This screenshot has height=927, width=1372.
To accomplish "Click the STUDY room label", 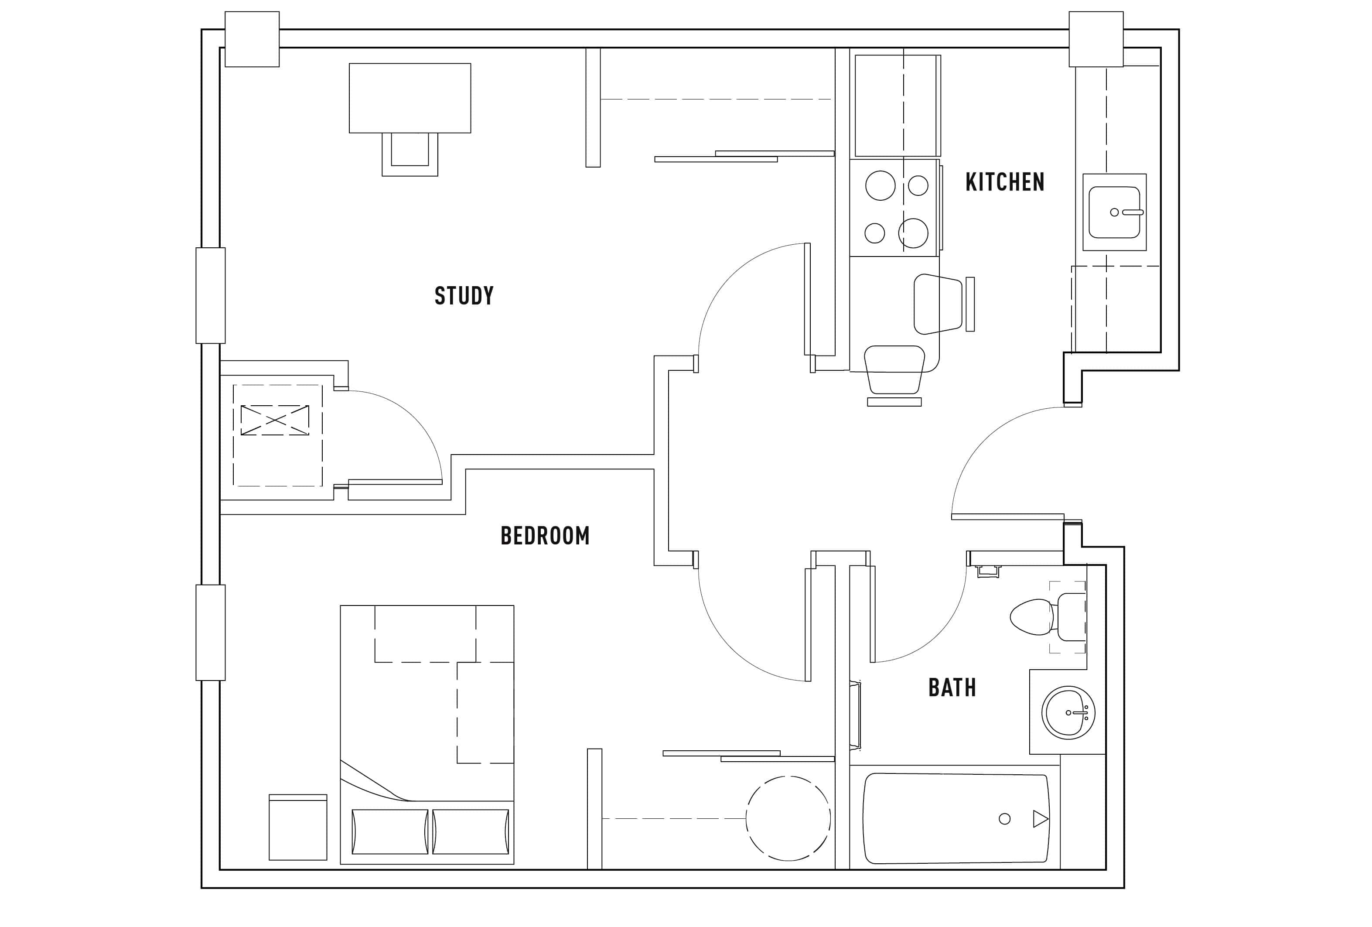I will [x=464, y=296].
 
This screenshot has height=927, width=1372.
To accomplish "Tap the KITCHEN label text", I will [x=1004, y=182].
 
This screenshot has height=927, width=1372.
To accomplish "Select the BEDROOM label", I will [x=544, y=536].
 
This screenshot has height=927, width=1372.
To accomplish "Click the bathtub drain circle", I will [x=1004, y=819].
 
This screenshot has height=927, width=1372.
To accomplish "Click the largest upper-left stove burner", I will [x=880, y=185].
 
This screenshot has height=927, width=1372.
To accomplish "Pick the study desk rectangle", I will [x=410, y=98].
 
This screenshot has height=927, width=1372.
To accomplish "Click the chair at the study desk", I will [x=410, y=152].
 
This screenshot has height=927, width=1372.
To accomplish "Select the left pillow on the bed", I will [x=389, y=831].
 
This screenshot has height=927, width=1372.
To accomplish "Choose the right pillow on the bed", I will [x=471, y=831].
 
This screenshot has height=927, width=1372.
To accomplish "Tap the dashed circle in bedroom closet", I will [x=788, y=818].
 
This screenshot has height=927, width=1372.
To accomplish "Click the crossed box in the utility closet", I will [x=274, y=420].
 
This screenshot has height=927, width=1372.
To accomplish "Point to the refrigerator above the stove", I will [x=896, y=105].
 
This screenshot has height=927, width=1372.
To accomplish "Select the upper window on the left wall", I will [x=210, y=295].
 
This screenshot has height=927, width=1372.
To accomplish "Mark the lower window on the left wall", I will [x=210, y=633].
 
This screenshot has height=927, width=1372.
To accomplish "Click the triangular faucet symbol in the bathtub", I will [x=1040, y=819].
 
